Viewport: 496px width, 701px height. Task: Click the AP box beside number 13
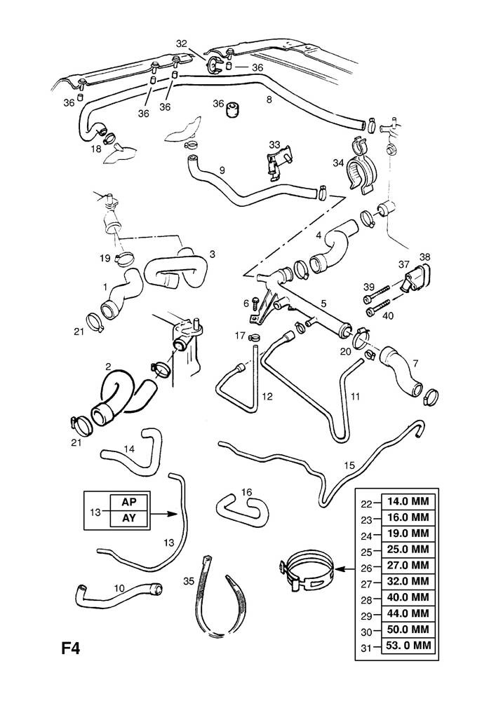[x=129, y=503]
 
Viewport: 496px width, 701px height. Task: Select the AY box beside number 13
[x=129, y=519]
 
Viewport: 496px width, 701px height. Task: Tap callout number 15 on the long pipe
[x=349, y=465]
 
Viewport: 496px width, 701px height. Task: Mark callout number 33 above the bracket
[x=274, y=146]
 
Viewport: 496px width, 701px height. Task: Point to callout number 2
[x=109, y=367]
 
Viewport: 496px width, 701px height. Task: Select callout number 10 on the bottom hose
[x=119, y=587]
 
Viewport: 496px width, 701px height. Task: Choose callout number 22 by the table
[x=366, y=503]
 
